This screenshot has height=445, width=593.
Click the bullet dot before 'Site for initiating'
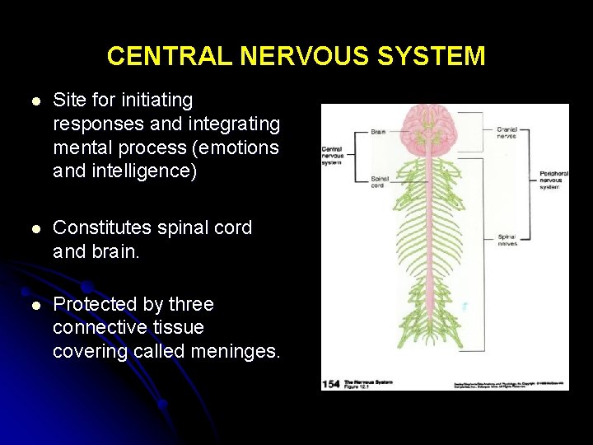35,101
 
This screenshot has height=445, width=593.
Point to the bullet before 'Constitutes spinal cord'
35,228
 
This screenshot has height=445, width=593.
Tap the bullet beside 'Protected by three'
35,306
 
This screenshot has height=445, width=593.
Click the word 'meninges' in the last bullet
235,351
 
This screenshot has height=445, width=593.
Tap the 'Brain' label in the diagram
378,131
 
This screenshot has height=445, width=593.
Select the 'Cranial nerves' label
507,133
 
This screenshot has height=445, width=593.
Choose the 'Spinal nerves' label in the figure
507,241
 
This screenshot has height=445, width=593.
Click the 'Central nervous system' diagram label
333,155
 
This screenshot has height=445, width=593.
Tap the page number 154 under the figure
330,384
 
